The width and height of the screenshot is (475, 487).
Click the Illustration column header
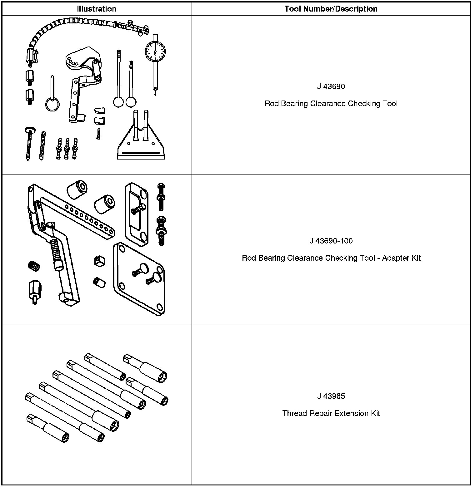pyautogui.click(x=97, y=9)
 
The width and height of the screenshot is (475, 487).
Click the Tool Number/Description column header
pyautogui.click(x=331, y=9)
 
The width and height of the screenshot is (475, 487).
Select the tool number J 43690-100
pyautogui.click(x=331, y=241)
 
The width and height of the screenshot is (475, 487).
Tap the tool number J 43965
pyautogui.click(x=331, y=396)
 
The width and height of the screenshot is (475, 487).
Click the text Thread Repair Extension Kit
pyautogui.click(x=331, y=413)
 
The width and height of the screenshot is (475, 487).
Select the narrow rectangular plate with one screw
pyautogui.click(x=137, y=214)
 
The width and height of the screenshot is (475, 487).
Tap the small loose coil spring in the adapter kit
pyautogui.click(x=34, y=266)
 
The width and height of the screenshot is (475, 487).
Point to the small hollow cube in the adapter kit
pyautogui.click(x=99, y=260)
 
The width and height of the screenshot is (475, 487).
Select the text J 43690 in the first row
pyautogui.click(x=331, y=86)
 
